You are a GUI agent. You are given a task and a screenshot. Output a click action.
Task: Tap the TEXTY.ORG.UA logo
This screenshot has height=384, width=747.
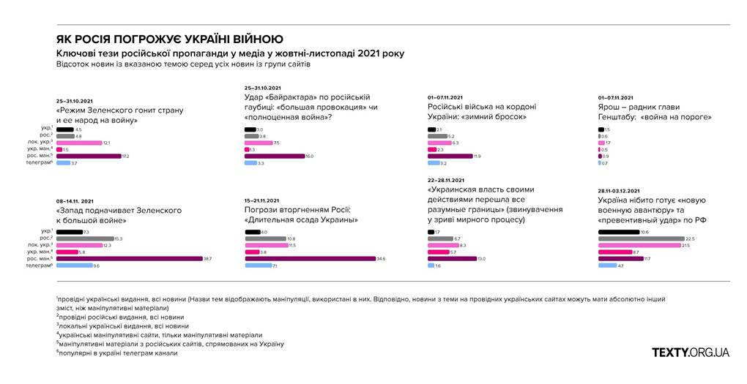click(x=691, y=353)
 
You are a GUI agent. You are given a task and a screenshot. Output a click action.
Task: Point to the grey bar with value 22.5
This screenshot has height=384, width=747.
click(x=641, y=238)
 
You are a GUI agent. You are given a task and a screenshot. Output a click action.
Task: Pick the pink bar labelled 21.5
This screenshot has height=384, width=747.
click(x=639, y=245)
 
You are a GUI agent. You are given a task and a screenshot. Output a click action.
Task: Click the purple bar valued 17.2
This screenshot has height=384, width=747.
click(x=88, y=156)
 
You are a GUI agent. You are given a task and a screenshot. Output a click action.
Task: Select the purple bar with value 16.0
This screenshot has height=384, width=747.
click(x=274, y=156)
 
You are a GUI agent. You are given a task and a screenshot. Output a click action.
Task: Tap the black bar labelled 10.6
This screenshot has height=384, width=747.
click(x=618, y=232)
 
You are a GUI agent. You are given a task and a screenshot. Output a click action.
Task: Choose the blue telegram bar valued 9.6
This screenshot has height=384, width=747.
click(x=73, y=265)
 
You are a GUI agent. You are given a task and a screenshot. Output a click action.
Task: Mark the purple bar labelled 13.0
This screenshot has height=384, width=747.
click(x=450, y=258)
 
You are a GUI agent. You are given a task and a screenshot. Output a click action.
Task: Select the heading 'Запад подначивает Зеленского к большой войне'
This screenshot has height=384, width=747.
click(x=119, y=215)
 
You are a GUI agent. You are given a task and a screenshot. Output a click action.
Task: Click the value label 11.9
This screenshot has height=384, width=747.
click(x=477, y=156)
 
